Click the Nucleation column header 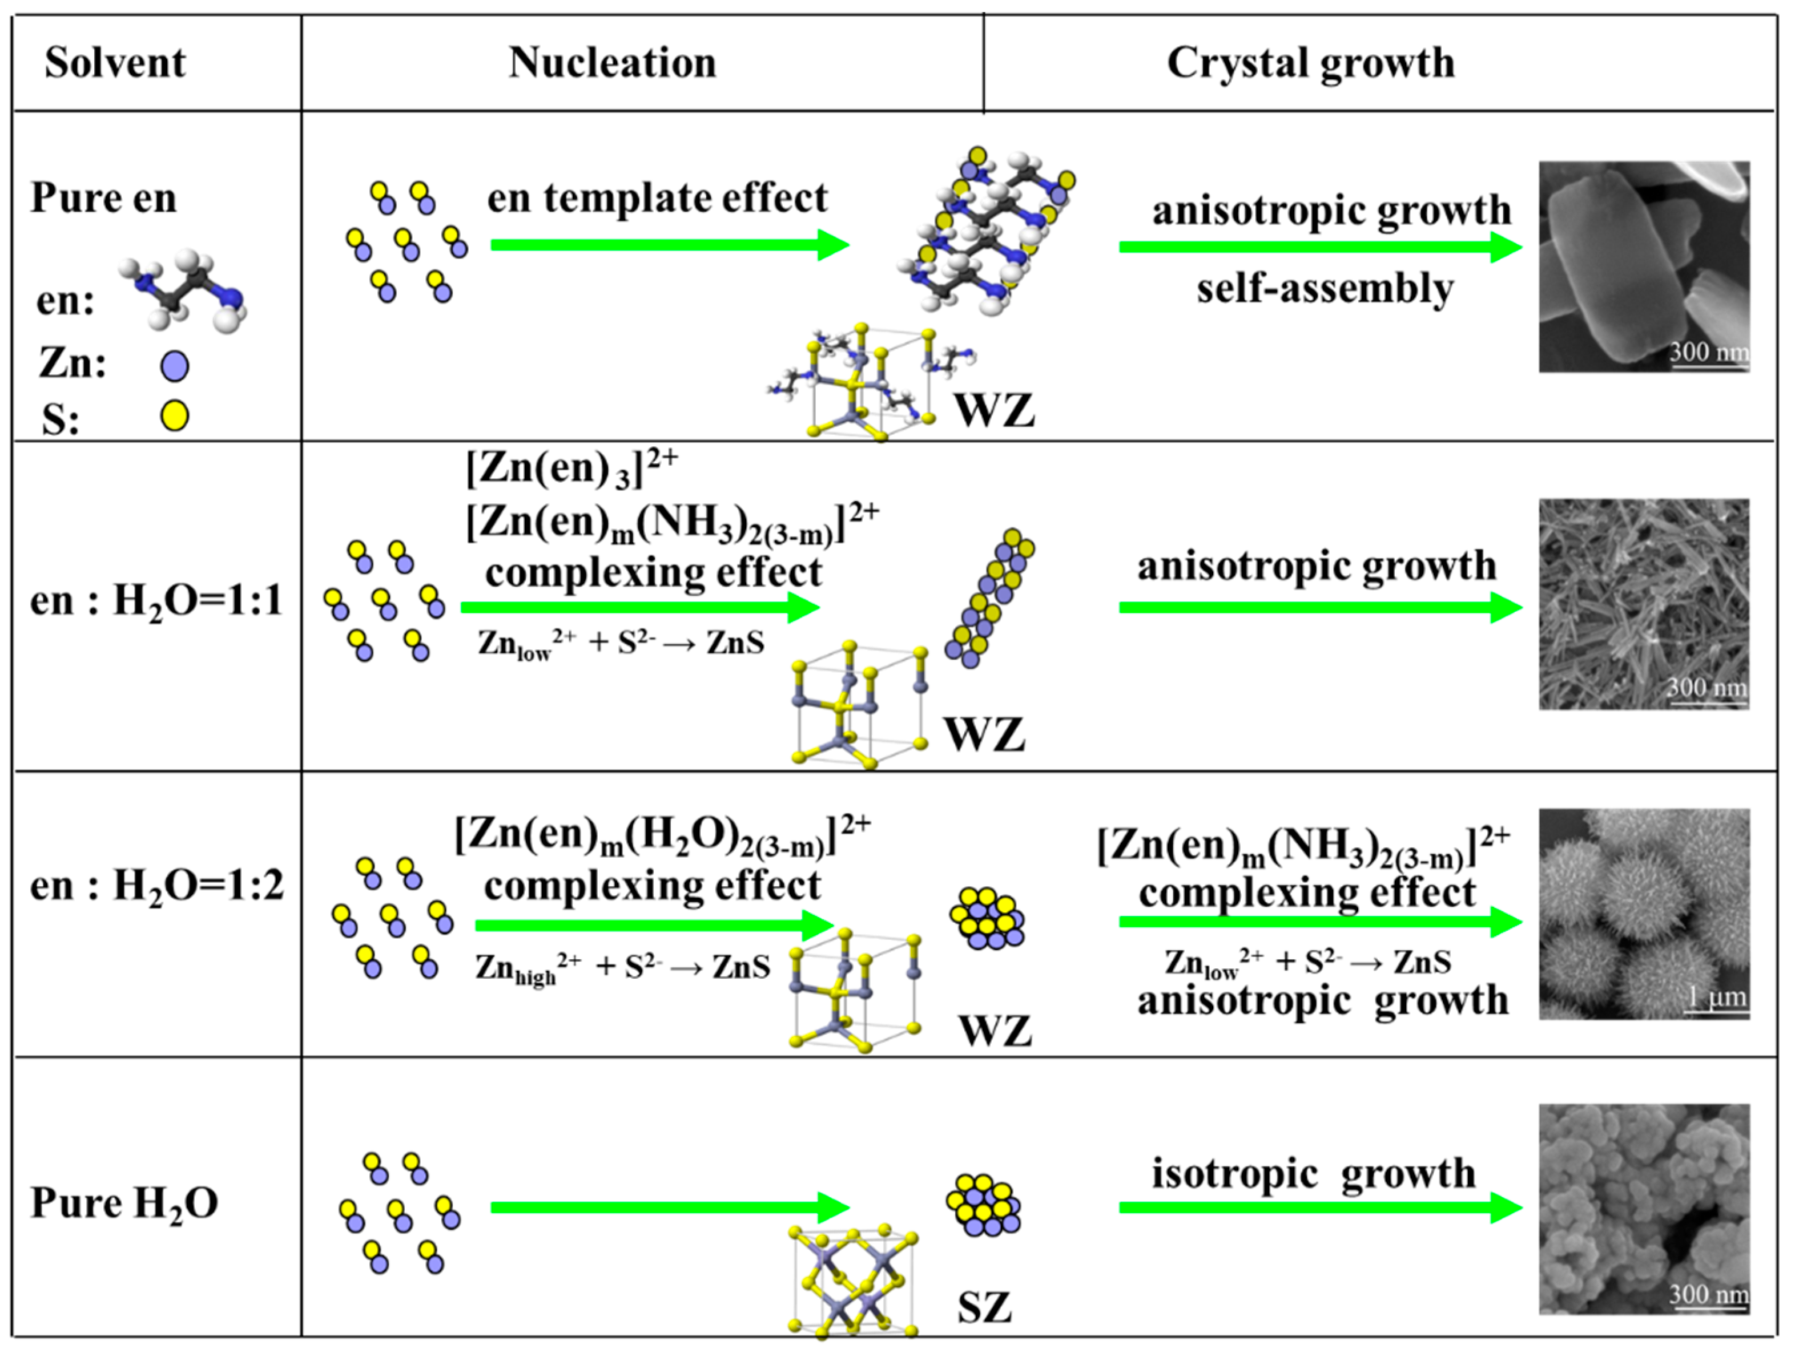click(x=613, y=62)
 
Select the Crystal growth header click(x=1310, y=62)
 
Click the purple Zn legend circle click(x=175, y=366)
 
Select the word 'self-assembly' click(x=1325, y=288)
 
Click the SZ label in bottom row click(x=984, y=1307)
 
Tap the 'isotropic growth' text click(x=1313, y=1173)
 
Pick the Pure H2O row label click(x=124, y=1202)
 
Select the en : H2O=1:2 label click(x=156, y=884)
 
